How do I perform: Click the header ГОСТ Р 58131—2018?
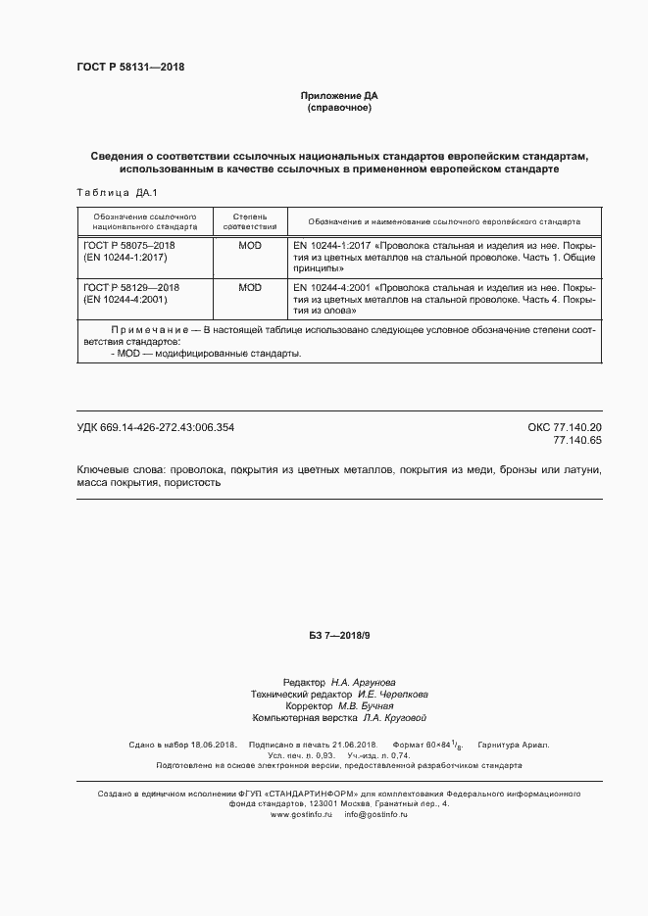[x=130, y=68]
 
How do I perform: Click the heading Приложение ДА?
[x=338, y=96]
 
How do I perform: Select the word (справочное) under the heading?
[x=338, y=107]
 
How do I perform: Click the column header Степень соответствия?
[x=249, y=221]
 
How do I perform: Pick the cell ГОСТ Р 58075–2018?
[x=129, y=245]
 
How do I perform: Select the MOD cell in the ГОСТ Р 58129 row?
[x=249, y=288]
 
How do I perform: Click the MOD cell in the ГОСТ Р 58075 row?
[x=249, y=245]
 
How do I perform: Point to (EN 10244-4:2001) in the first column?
[x=126, y=300]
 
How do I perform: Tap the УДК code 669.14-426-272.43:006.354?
[x=156, y=427]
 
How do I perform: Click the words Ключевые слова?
[x=116, y=470]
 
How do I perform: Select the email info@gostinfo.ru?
[x=375, y=815]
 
